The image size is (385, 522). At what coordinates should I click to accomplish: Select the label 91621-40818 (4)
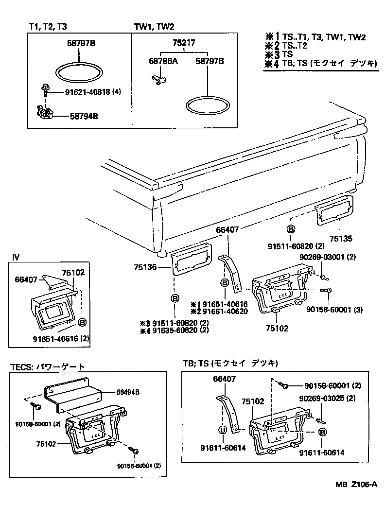coord(92,91)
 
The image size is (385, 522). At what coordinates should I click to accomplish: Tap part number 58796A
coord(162,62)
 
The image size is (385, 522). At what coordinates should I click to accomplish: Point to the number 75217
coord(184,43)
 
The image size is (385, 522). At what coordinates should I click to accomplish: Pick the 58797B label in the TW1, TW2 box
coord(210,62)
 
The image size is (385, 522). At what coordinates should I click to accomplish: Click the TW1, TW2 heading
coord(154,28)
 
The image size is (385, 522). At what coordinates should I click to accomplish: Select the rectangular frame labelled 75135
coord(334,209)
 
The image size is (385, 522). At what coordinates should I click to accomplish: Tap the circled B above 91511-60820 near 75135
coord(291,228)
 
